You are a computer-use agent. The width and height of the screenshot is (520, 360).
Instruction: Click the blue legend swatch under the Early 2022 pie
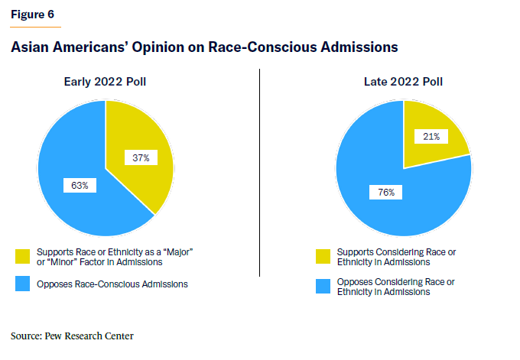click(x=22, y=284)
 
